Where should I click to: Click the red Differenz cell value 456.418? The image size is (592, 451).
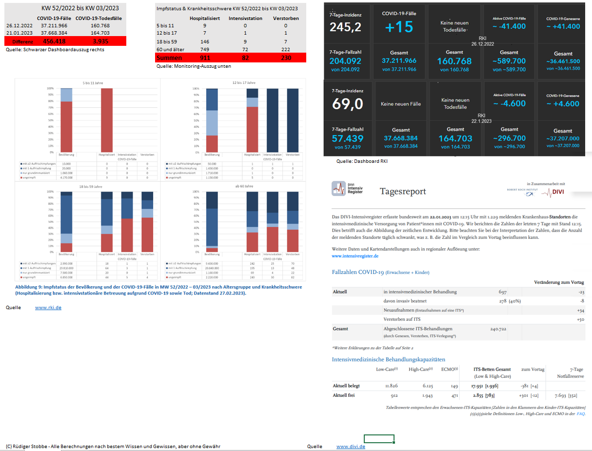click(55, 41)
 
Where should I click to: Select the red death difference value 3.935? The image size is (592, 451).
click(100, 41)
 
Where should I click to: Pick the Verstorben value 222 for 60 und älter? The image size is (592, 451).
click(286, 50)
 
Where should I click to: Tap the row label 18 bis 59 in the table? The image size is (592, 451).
click(167, 42)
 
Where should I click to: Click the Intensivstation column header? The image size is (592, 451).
click(245, 19)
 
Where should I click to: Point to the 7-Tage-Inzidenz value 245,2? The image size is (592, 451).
click(346, 27)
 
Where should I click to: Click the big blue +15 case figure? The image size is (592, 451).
click(399, 27)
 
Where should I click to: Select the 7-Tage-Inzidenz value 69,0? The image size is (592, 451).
click(348, 104)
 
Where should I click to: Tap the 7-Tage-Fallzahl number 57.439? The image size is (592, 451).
click(346, 138)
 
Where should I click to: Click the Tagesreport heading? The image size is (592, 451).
click(403, 191)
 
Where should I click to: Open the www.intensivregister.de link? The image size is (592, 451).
click(355, 255)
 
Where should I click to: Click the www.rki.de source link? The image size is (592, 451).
click(48, 308)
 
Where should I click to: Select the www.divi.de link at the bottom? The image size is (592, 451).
click(351, 446)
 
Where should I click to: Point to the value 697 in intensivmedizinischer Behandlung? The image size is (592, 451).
click(502, 292)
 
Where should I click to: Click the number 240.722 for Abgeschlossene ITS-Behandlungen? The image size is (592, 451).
click(498, 329)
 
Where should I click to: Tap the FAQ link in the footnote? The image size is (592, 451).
click(581, 413)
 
